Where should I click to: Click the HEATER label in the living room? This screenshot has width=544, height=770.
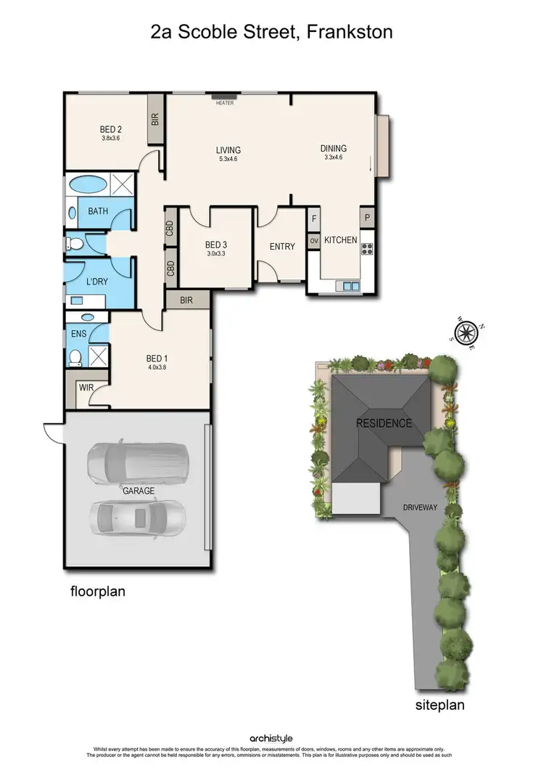click(225, 103)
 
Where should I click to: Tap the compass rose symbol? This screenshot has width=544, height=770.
click(464, 333)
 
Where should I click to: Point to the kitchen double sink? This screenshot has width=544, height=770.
click(348, 286)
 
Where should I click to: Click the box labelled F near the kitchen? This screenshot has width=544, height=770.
click(314, 218)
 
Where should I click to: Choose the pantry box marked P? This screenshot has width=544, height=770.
click(367, 218)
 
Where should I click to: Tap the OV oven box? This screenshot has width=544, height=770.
click(314, 240)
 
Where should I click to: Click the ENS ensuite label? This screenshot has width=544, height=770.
click(78, 334)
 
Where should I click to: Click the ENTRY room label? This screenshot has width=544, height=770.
click(282, 247)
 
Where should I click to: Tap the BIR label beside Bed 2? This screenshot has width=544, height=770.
click(155, 120)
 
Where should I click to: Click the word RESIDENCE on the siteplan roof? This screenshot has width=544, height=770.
click(384, 423)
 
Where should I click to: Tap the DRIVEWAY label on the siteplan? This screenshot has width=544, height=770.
click(420, 507)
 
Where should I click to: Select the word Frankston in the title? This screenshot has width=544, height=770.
click(351, 33)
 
